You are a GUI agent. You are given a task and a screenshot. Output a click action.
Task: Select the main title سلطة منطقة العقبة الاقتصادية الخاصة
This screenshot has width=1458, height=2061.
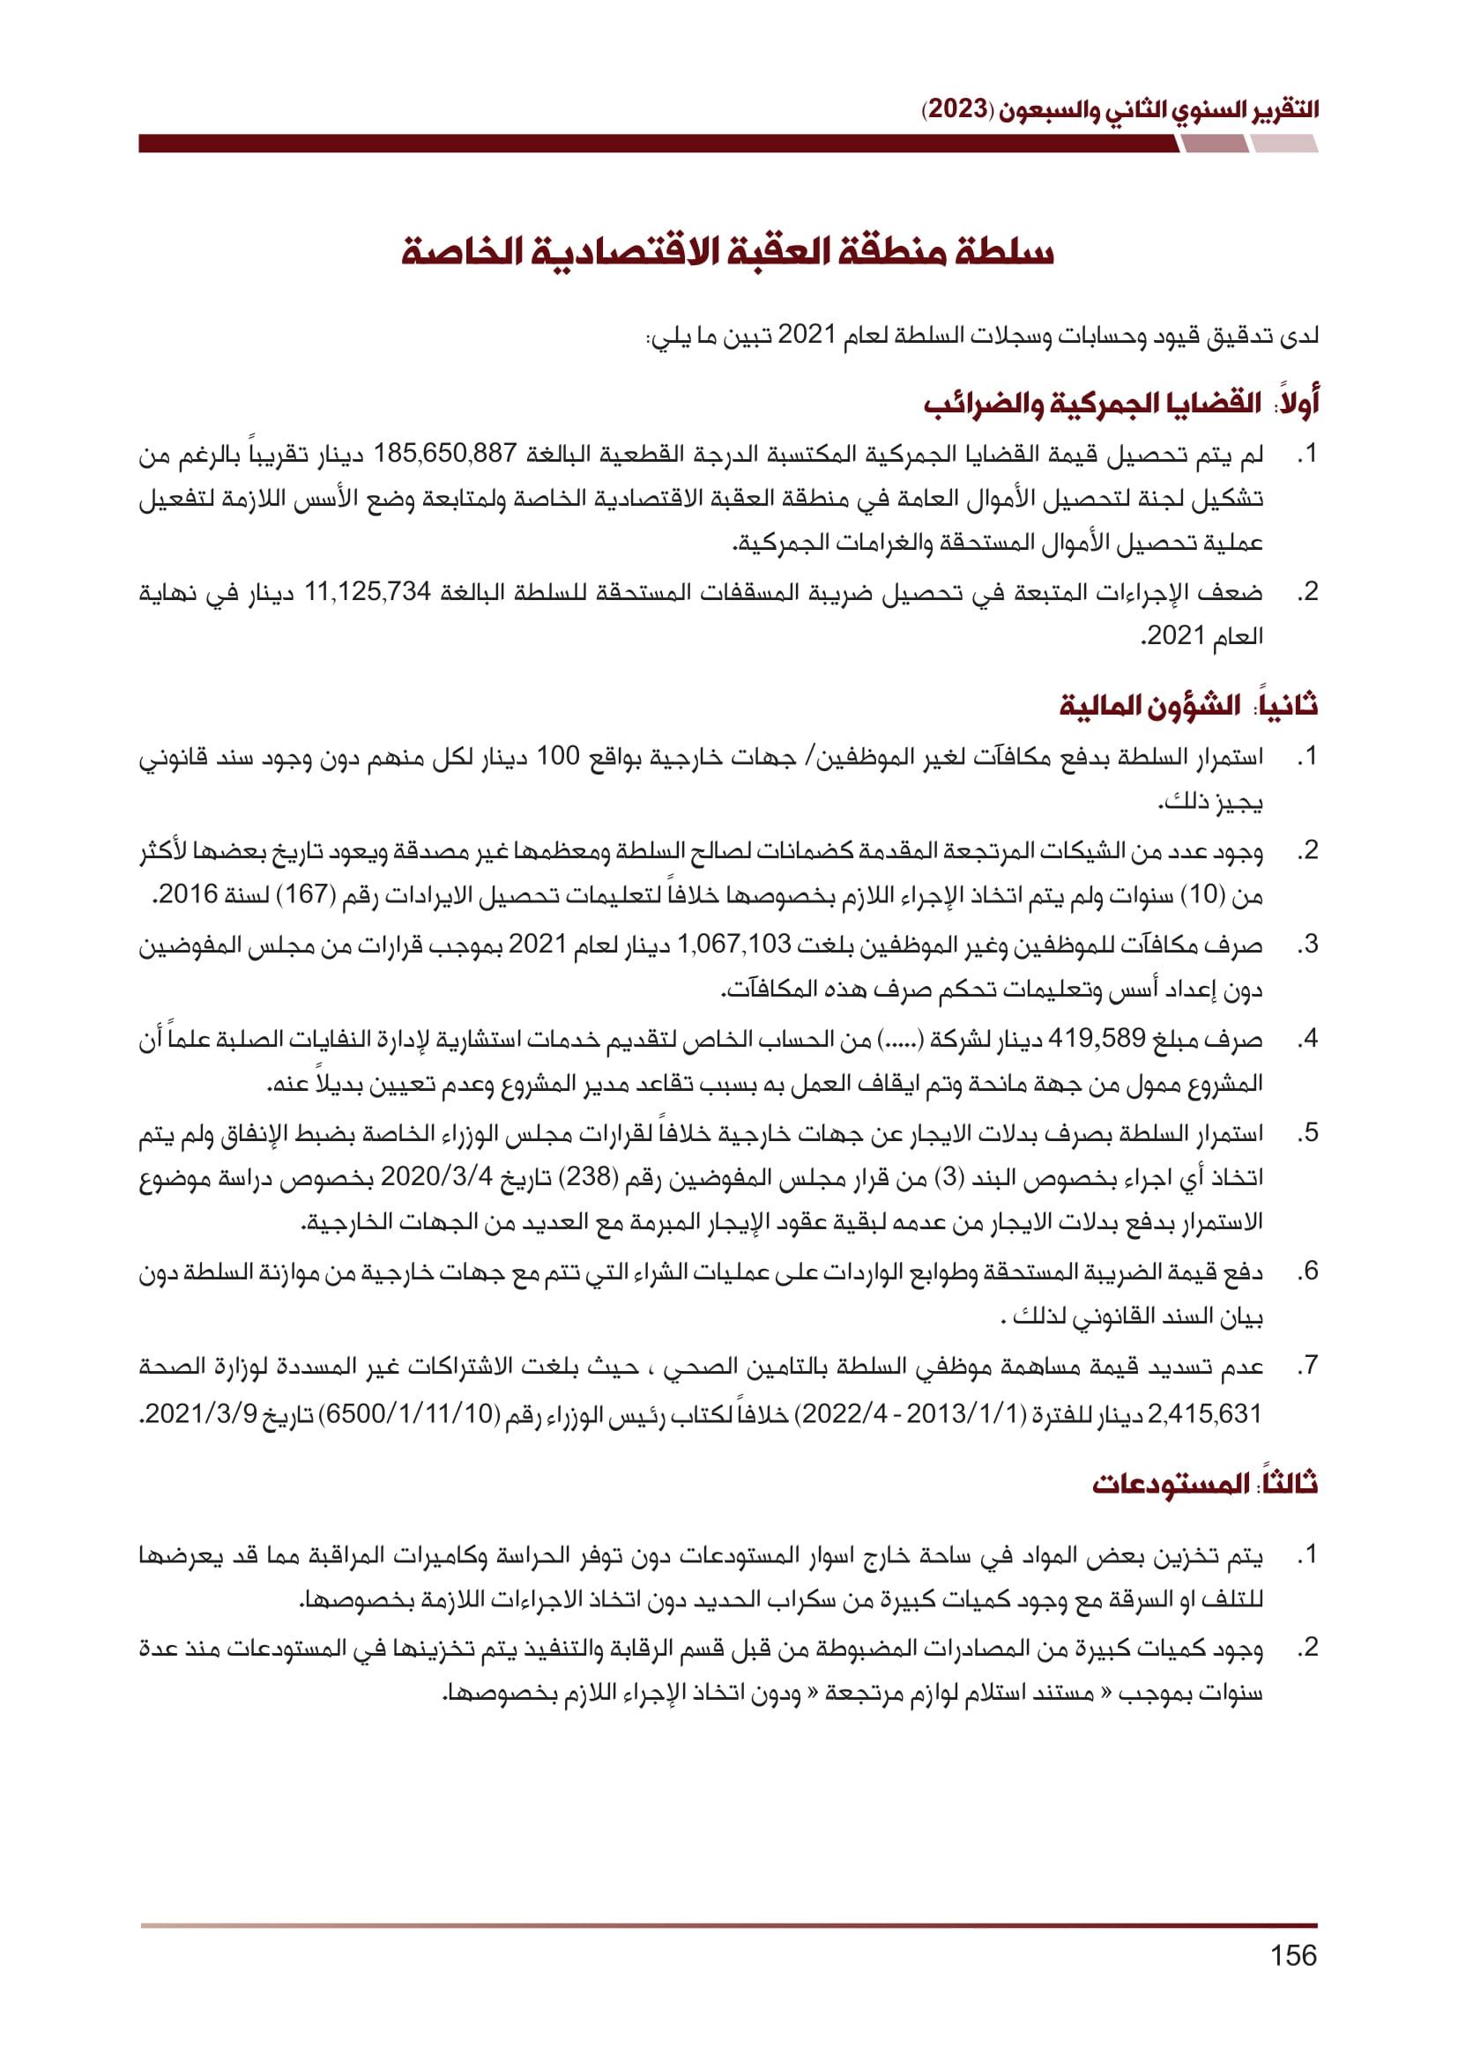727,252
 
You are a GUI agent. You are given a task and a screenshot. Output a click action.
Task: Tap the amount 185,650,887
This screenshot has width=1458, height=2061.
445,453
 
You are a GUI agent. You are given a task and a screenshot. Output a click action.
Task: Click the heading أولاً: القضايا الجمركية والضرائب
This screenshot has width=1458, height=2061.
1121,403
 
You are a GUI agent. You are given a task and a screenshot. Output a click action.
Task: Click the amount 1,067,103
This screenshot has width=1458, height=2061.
734,944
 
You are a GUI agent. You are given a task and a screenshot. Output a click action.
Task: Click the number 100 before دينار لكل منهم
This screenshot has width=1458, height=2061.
557,756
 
